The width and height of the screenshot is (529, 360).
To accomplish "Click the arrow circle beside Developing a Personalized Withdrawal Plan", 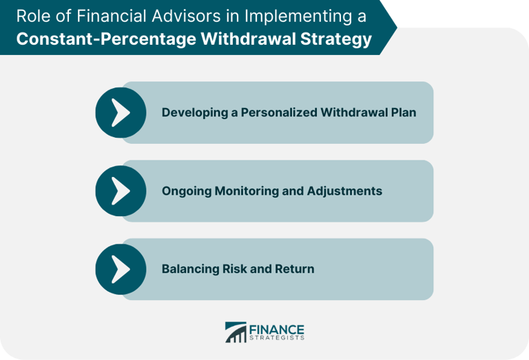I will (x=121, y=112).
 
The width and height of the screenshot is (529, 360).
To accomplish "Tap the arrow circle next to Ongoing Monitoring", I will (x=121, y=191).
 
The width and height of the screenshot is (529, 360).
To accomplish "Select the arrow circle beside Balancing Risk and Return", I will (x=121, y=269).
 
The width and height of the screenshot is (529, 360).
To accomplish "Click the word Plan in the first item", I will (x=402, y=112).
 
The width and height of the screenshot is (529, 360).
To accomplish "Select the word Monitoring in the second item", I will (x=245, y=191).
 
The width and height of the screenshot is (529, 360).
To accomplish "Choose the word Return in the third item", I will (x=295, y=269).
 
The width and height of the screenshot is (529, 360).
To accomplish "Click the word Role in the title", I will (x=32, y=16).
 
